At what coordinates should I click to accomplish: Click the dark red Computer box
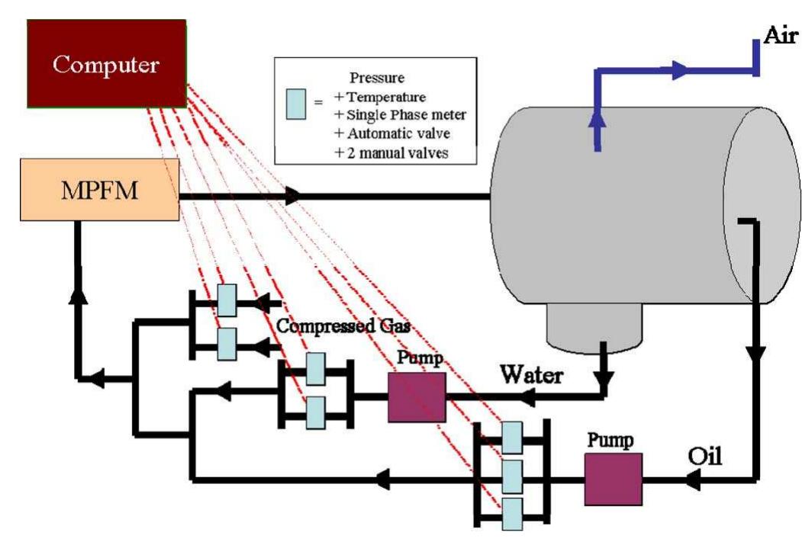[x=106, y=63]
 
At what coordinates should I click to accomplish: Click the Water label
[x=532, y=375]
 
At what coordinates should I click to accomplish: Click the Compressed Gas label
[x=344, y=328]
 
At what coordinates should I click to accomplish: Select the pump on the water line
[x=417, y=397]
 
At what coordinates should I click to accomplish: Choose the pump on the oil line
[x=613, y=479]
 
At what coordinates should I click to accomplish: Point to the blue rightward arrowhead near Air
[x=678, y=72]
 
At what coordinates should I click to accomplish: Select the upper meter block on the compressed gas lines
[x=227, y=300]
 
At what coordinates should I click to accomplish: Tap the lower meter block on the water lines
[x=315, y=413]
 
